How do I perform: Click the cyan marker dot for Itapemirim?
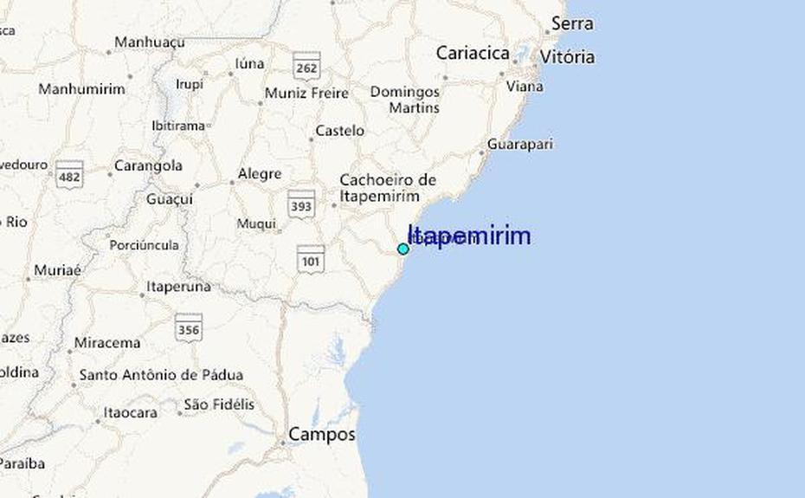click(x=402, y=249)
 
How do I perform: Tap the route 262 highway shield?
click(x=306, y=66)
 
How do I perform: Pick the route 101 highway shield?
click(x=310, y=258)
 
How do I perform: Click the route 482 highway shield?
click(x=69, y=175)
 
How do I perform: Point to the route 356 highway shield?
click(x=188, y=327)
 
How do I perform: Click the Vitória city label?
click(x=567, y=57)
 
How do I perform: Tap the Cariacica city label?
click(x=472, y=53)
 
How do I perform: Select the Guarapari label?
click(x=519, y=145)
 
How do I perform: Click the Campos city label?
click(x=321, y=434)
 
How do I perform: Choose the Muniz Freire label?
click(x=306, y=94)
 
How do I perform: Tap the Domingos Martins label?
click(x=404, y=100)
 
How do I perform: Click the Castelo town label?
click(x=339, y=131)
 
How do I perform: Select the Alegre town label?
click(x=259, y=174)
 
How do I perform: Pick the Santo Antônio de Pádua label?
click(x=161, y=376)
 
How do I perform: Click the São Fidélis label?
click(x=219, y=404)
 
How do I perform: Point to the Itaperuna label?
click(x=178, y=286)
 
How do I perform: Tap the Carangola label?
click(x=148, y=165)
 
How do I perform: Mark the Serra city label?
click(x=572, y=23)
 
